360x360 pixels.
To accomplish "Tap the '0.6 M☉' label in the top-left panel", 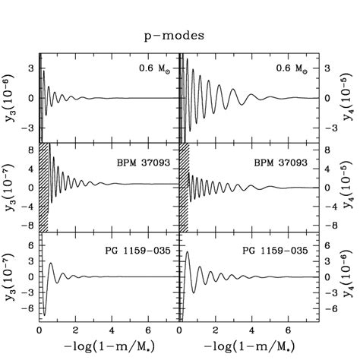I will (156, 69).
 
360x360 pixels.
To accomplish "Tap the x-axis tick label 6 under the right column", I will (288, 332).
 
